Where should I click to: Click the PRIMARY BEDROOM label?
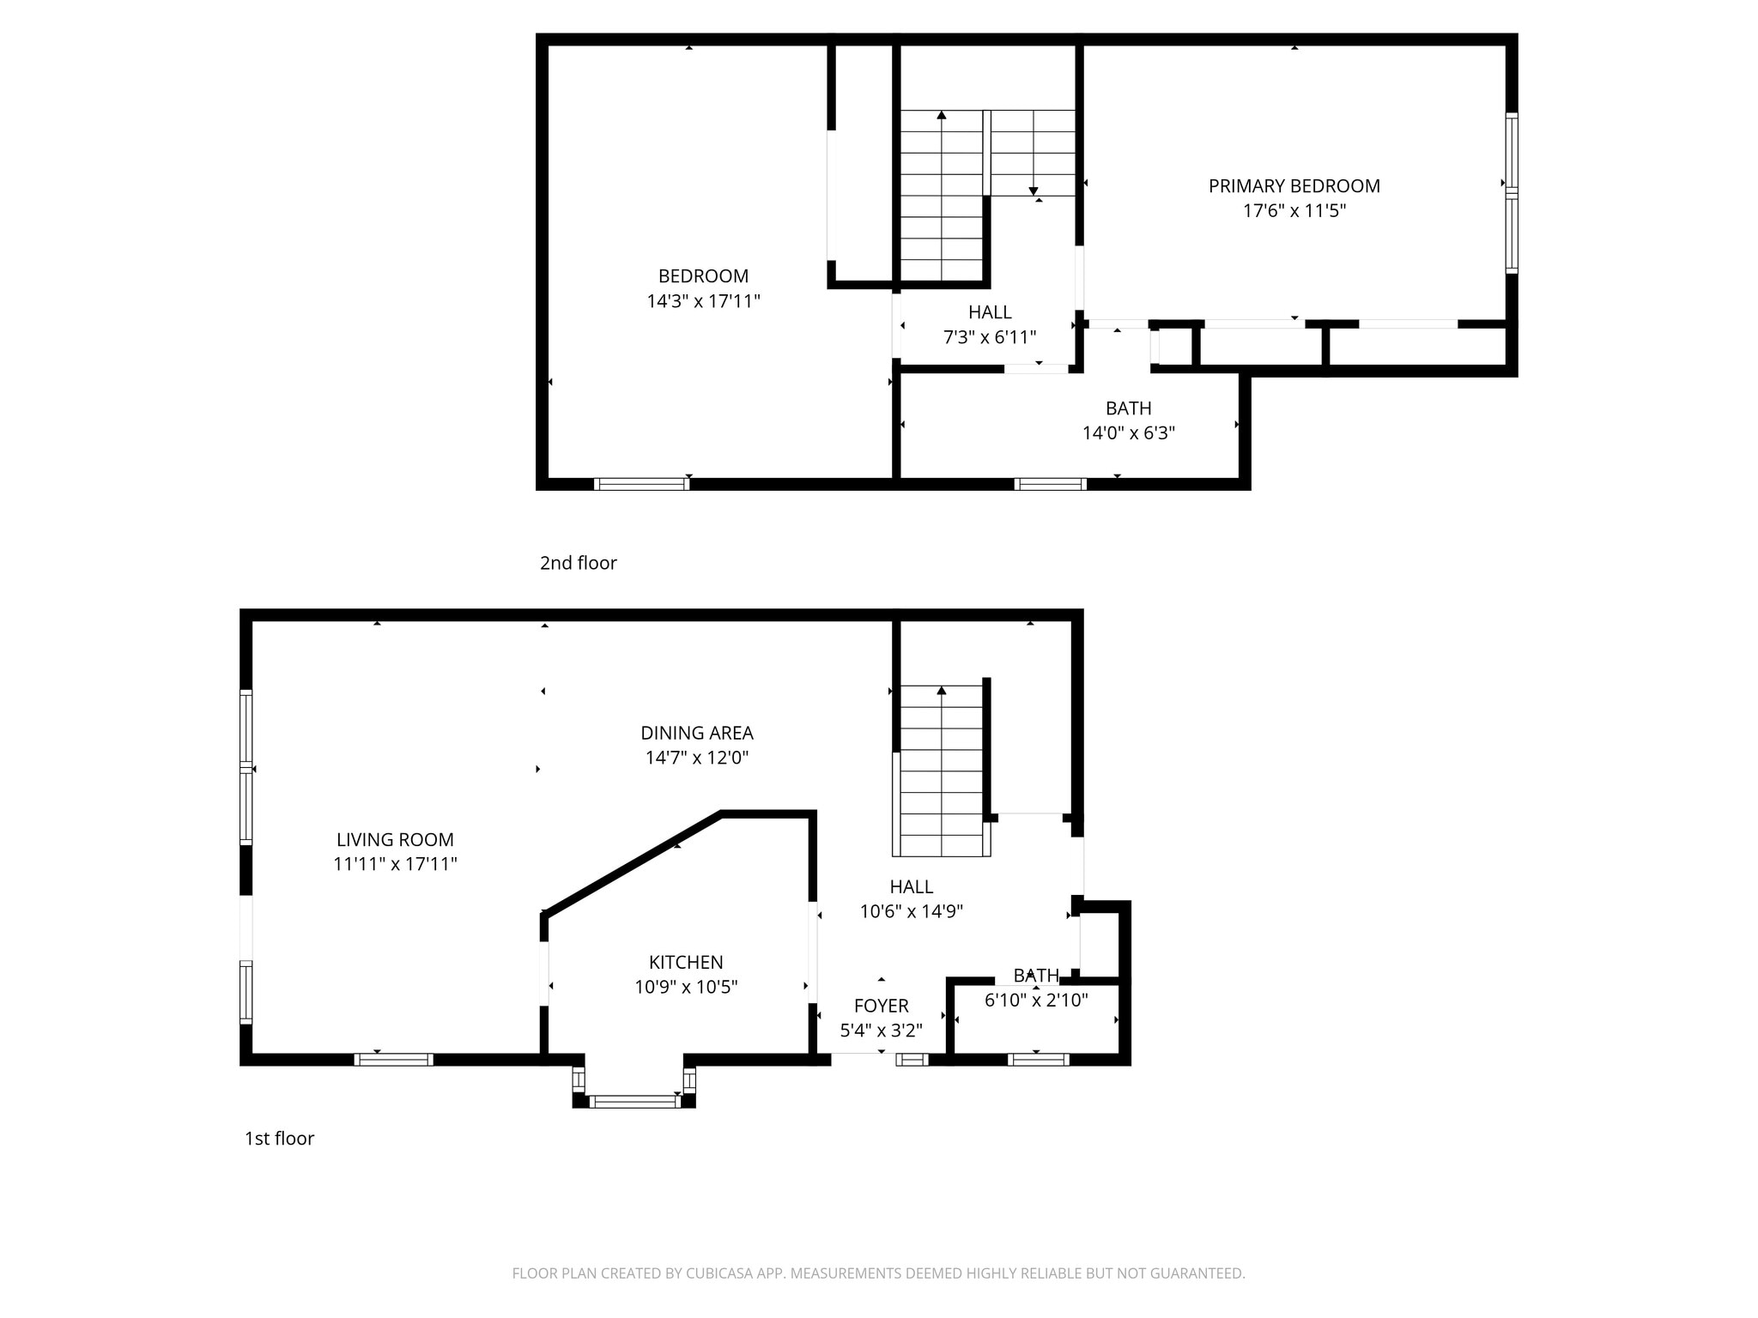pyautogui.click(x=1294, y=186)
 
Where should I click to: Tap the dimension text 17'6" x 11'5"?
pyautogui.click(x=1294, y=211)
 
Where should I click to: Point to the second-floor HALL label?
pyautogui.click(x=990, y=312)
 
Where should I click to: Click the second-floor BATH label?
pyautogui.click(x=1128, y=408)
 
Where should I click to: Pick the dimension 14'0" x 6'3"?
pyautogui.click(x=1128, y=433)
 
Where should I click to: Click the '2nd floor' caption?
pyautogui.click(x=578, y=563)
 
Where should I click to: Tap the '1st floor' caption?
pyautogui.click(x=279, y=1139)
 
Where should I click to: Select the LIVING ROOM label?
pyautogui.click(x=395, y=840)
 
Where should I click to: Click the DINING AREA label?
pyautogui.click(x=697, y=733)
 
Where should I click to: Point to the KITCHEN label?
pyautogui.click(x=686, y=963)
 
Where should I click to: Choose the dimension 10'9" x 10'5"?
pyautogui.click(x=686, y=988)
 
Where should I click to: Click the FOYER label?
pyautogui.click(x=881, y=1006)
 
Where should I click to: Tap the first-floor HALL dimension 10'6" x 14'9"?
pyautogui.click(x=912, y=911)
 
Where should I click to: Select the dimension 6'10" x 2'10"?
pyautogui.click(x=1036, y=1001)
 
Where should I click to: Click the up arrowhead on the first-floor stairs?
pyautogui.click(x=942, y=690)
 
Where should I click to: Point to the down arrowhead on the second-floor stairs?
pyautogui.click(x=1034, y=191)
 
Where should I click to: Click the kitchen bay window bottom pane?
pyautogui.click(x=633, y=1102)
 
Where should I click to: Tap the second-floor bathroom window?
pyautogui.click(x=1050, y=484)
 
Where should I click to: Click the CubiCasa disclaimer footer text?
pyautogui.click(x=878, y=1273)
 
